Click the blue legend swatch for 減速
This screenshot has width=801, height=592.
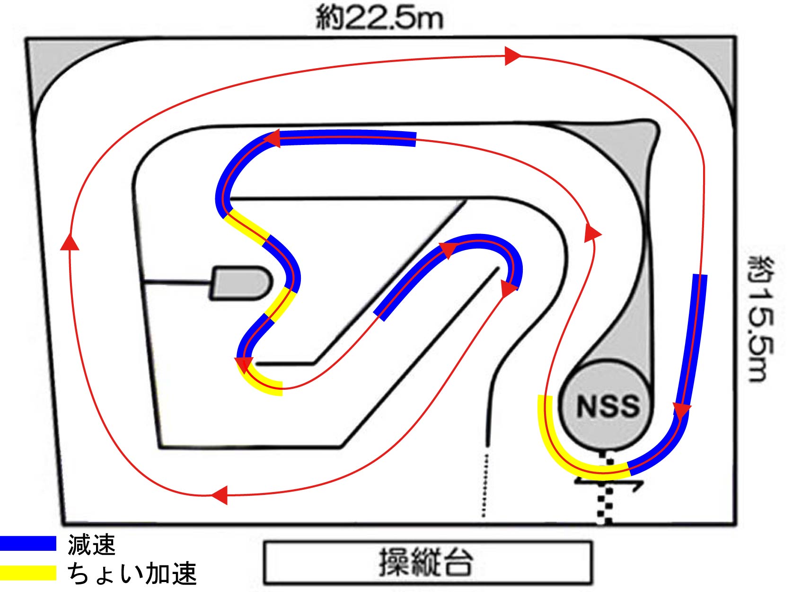click(x=28, y=543)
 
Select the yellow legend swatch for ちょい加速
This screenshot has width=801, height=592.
click(x=28, y=573)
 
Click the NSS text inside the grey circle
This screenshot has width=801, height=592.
click(x=608, y=406)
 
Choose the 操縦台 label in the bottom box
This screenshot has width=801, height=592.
click(x=426, y=563)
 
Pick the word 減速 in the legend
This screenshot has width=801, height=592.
click(x=91, y=544)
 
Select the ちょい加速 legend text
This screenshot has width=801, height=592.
click(x=132, y=573)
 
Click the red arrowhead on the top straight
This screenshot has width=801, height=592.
click(x=513, y=56)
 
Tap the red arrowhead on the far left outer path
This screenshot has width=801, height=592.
click(x=70, y=242)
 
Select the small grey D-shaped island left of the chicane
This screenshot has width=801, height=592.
click(x=241, y=283)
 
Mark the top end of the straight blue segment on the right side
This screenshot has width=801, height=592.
click(x=700, y=275)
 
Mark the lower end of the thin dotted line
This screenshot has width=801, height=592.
click(x=483, y=516)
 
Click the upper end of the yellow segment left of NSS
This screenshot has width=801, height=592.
click(x=545, y=395)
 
